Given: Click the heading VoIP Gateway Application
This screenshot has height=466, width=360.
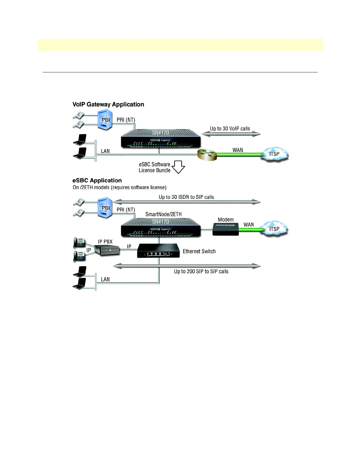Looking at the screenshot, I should point(108,104).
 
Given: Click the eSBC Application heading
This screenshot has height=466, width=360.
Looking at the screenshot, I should point(97,181).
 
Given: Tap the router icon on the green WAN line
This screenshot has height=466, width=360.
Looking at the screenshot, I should point(207,154).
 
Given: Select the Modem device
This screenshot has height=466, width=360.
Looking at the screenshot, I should point(226,229).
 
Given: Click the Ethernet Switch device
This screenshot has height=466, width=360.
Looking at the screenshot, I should point(158,251).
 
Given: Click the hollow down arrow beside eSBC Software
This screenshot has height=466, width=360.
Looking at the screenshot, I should point(178,167).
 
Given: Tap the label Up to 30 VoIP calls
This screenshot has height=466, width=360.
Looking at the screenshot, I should point(230,129).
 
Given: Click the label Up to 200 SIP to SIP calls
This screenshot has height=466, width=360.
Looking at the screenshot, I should point(201,272).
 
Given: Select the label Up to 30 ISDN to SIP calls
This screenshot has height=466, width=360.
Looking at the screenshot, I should point(186,197).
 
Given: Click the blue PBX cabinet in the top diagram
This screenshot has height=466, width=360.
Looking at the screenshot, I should point(105,119).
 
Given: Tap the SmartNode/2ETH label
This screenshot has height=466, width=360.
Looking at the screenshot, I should point(164,214).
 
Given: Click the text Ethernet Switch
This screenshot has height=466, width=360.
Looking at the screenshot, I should point(199,252).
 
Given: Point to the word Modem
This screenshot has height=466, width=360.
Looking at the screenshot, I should point(226,220).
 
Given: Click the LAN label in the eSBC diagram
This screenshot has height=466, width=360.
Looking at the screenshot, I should point(105,279).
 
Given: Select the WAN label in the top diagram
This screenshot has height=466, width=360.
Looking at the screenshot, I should point(238,150).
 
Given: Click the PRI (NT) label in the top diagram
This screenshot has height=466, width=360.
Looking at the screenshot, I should point(126,120).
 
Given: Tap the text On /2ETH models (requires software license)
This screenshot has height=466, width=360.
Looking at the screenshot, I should point(119,188).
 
